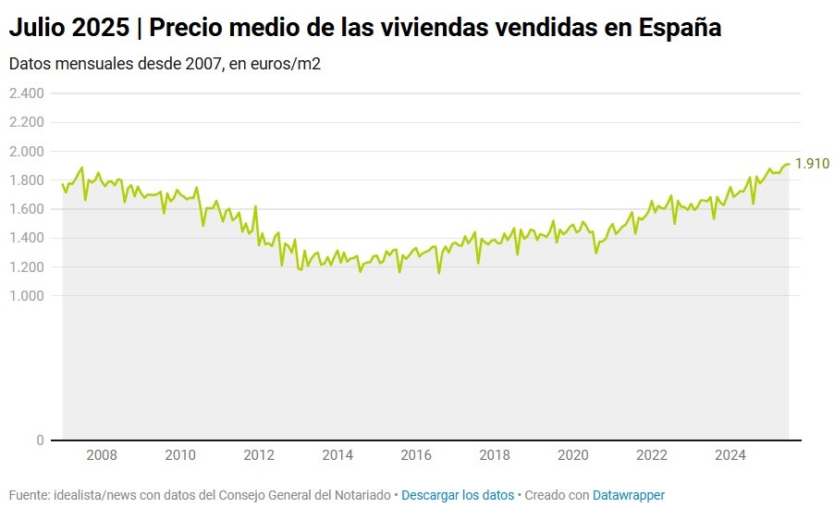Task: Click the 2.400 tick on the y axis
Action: [27, 93]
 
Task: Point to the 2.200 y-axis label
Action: [27, 122]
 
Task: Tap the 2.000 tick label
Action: [27, 151]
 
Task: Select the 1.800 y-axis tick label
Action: [27, 180]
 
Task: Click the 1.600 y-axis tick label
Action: [27, 209]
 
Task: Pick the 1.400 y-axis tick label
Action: [27, 238]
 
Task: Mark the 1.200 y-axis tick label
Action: [27, 267]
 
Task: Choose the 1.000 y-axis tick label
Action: [27, 296]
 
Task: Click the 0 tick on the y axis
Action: [41, 440]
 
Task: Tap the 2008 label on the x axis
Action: [102, 454]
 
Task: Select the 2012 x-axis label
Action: [259, 454]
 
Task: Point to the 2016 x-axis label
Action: [417, 454]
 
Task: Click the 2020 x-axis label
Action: [574, 454]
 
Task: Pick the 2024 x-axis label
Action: [731, 454]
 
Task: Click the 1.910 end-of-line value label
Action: [812, 164]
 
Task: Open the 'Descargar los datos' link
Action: [458, 495]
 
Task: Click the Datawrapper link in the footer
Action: [629, 495]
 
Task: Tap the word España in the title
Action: [681, 29]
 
